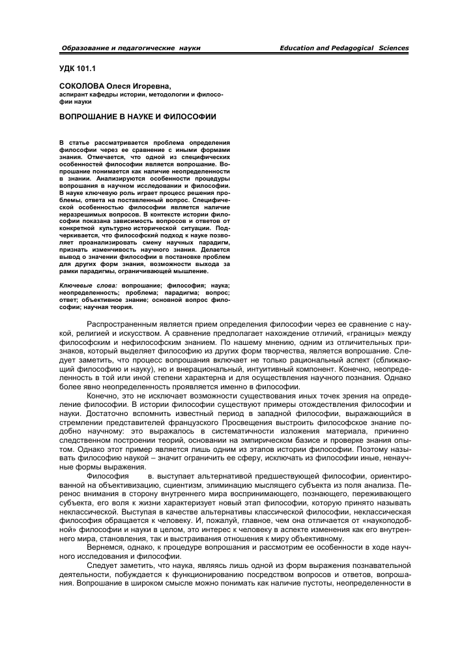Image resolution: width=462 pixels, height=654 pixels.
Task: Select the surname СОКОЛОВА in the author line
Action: tap(82, 86)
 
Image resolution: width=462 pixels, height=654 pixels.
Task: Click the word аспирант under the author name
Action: tap(75, 95)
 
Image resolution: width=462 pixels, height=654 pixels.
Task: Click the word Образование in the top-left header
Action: tap(85, 49)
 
